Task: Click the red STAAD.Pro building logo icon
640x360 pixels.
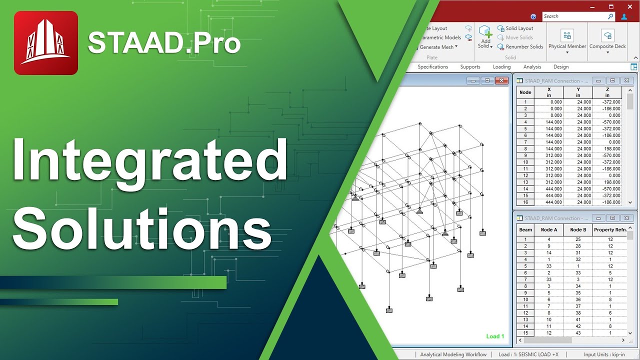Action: pyautogui.click(x=46, y=43)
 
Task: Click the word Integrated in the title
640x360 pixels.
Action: pyautogui.click(x=149, y=159)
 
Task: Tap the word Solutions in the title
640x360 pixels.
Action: pyautogui.click(x=142, y=227)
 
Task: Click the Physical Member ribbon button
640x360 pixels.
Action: pyautogui.click(x=567, y=40)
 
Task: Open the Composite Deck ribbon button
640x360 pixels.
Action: pyautogui.click(x=607, y=40)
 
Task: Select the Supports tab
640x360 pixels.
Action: pyautogui.click(x=470, y=67)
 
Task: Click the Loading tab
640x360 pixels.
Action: pyautogui.click(x=501, y=67)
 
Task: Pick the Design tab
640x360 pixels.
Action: pyautogui.click(x=561, y=67)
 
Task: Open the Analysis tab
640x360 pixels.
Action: pyautogui.click(x=532, y=67)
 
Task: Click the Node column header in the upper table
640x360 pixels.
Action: pyautogui.click(x=525, y=92)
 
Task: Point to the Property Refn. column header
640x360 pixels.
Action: pyautogui.click(x=609, y=230)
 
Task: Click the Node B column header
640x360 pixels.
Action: pyautogui.click(x=578, y=230)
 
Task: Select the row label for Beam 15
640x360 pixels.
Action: pyautogui.click(x=525, y=333)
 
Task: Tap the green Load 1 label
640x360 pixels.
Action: pyautogui.click(x=495, y=336)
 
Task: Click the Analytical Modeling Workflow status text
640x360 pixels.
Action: pyautogui.click(x=453, y=354)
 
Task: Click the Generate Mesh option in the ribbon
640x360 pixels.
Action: pyautogui.click(x=436, y=47)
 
